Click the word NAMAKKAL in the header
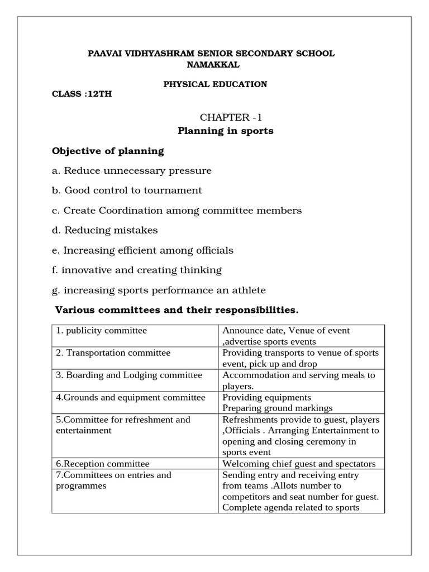[x=212, y=64]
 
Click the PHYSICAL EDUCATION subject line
[x=214, y=84]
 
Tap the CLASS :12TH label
[x=82, y=94]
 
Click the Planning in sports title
[x=225, y=131]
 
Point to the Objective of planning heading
[x=108, y=151]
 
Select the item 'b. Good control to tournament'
[x=127, y=190]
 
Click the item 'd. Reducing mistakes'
[x=105, y=230]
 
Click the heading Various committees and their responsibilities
[x=177, y=310]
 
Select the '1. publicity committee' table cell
[x=102, y=331]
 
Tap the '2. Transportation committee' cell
[x=113, y=353]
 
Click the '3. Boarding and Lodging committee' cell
[x=129, y=375]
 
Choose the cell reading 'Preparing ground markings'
[x=277, y=408]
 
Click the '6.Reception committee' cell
[x=103, y=464]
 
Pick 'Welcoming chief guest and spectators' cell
[x=299, y=464]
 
